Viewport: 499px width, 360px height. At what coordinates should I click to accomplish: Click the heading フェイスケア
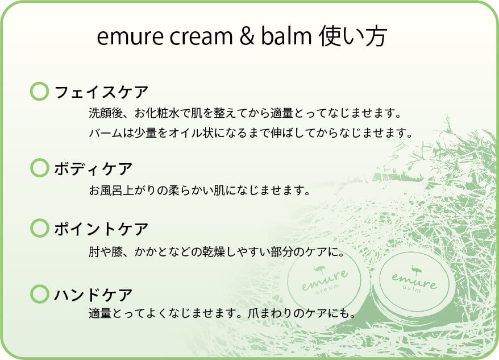(x=101, y=92)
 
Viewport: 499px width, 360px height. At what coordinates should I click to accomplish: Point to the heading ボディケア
(x=93, y=169)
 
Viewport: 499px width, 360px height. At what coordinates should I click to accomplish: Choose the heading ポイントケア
(x=101, y=229)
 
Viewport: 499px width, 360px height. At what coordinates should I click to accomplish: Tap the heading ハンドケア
(x=93, y=295)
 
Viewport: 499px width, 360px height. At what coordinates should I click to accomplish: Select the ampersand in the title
(x=247, y=36)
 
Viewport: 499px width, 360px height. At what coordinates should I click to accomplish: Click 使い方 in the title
(x=353, y=36)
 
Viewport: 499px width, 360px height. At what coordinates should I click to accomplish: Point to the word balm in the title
(x=286, y=36)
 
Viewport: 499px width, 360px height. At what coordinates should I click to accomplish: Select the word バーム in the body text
(x=106, y=133)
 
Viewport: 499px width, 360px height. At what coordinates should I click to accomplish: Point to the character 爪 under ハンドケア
(x=253, y=313)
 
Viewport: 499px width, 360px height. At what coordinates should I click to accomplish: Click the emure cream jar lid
(x=325, y=281)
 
